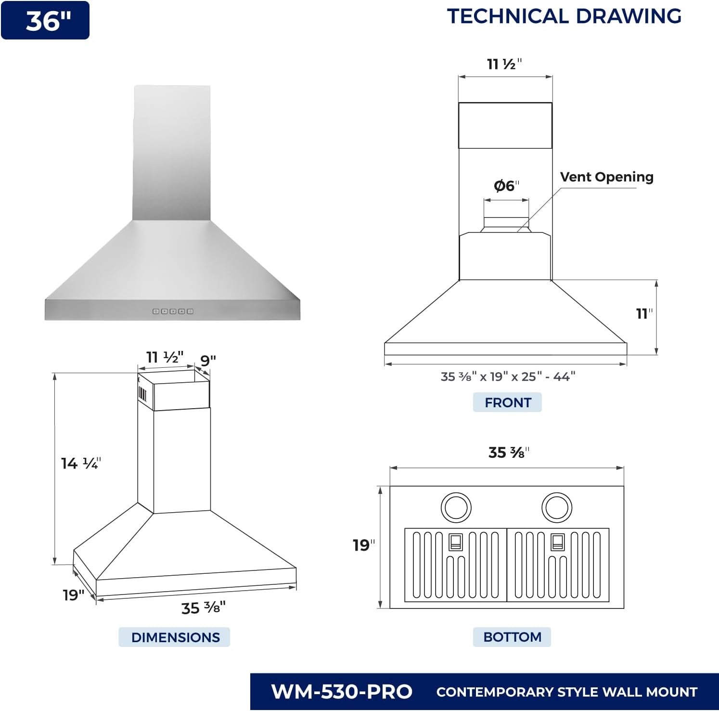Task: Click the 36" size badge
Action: click(45, 21)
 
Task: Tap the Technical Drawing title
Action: click(564, 16)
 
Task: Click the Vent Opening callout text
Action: click(606, 177)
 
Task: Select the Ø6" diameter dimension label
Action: click(506, 186)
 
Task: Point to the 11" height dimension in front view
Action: click(643, 314)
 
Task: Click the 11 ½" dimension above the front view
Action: click(504, 64)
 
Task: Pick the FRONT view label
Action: click(507, 402)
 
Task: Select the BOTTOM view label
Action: click(512, 637)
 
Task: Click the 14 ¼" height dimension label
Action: click(80, 464)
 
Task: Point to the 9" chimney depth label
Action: click(208, 360)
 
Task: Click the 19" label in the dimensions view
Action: click(73, 595)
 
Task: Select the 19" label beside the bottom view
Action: click(363, 545)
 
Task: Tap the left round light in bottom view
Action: click(456, 507)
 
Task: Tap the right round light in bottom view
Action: click(556, 507)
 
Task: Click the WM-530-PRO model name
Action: click(342, 692)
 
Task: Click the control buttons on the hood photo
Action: click(173, 311)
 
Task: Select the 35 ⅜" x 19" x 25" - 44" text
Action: click(508, 376)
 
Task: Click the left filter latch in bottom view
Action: click(455, 542)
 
